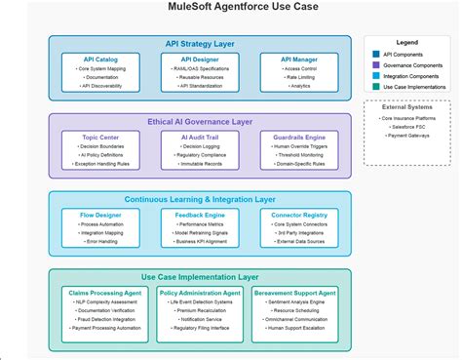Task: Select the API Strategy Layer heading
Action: (x=200, y=44)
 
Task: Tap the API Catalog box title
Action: (x=101, y=59)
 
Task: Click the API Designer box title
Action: (x=200, y=59)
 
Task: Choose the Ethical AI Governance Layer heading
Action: (x=200, y=121)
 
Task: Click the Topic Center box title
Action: (x=101, y=137)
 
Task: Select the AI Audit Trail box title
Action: (x=200, y=137)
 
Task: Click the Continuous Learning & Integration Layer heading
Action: (x=200, y=199)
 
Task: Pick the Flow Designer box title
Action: (x=101, y=214)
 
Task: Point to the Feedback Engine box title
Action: (x=200, y=214)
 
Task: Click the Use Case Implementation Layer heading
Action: (x=200, y=277)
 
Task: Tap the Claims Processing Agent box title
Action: (x=101, y=292)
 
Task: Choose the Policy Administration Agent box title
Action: (x=200, y=292)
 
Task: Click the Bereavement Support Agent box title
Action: (x=297, y=292)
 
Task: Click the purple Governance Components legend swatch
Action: (x=377, y=65)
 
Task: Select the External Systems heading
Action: (x=406, y=108)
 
